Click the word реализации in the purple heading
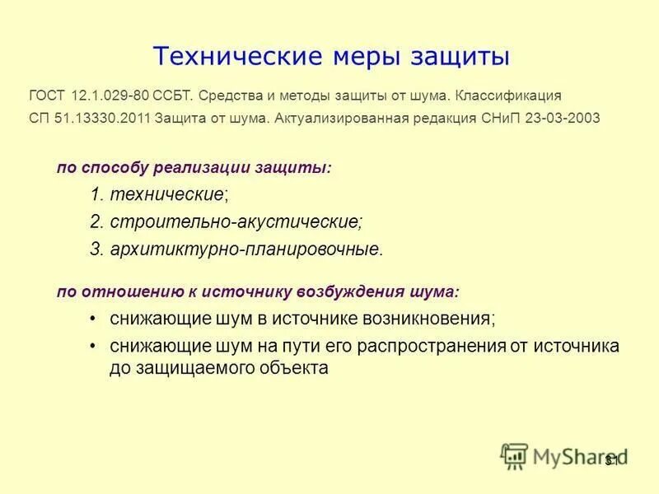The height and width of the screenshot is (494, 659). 219,167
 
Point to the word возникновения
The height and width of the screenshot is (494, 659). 424,318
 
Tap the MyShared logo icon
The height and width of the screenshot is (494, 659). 514,455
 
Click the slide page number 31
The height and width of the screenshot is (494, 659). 610,460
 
